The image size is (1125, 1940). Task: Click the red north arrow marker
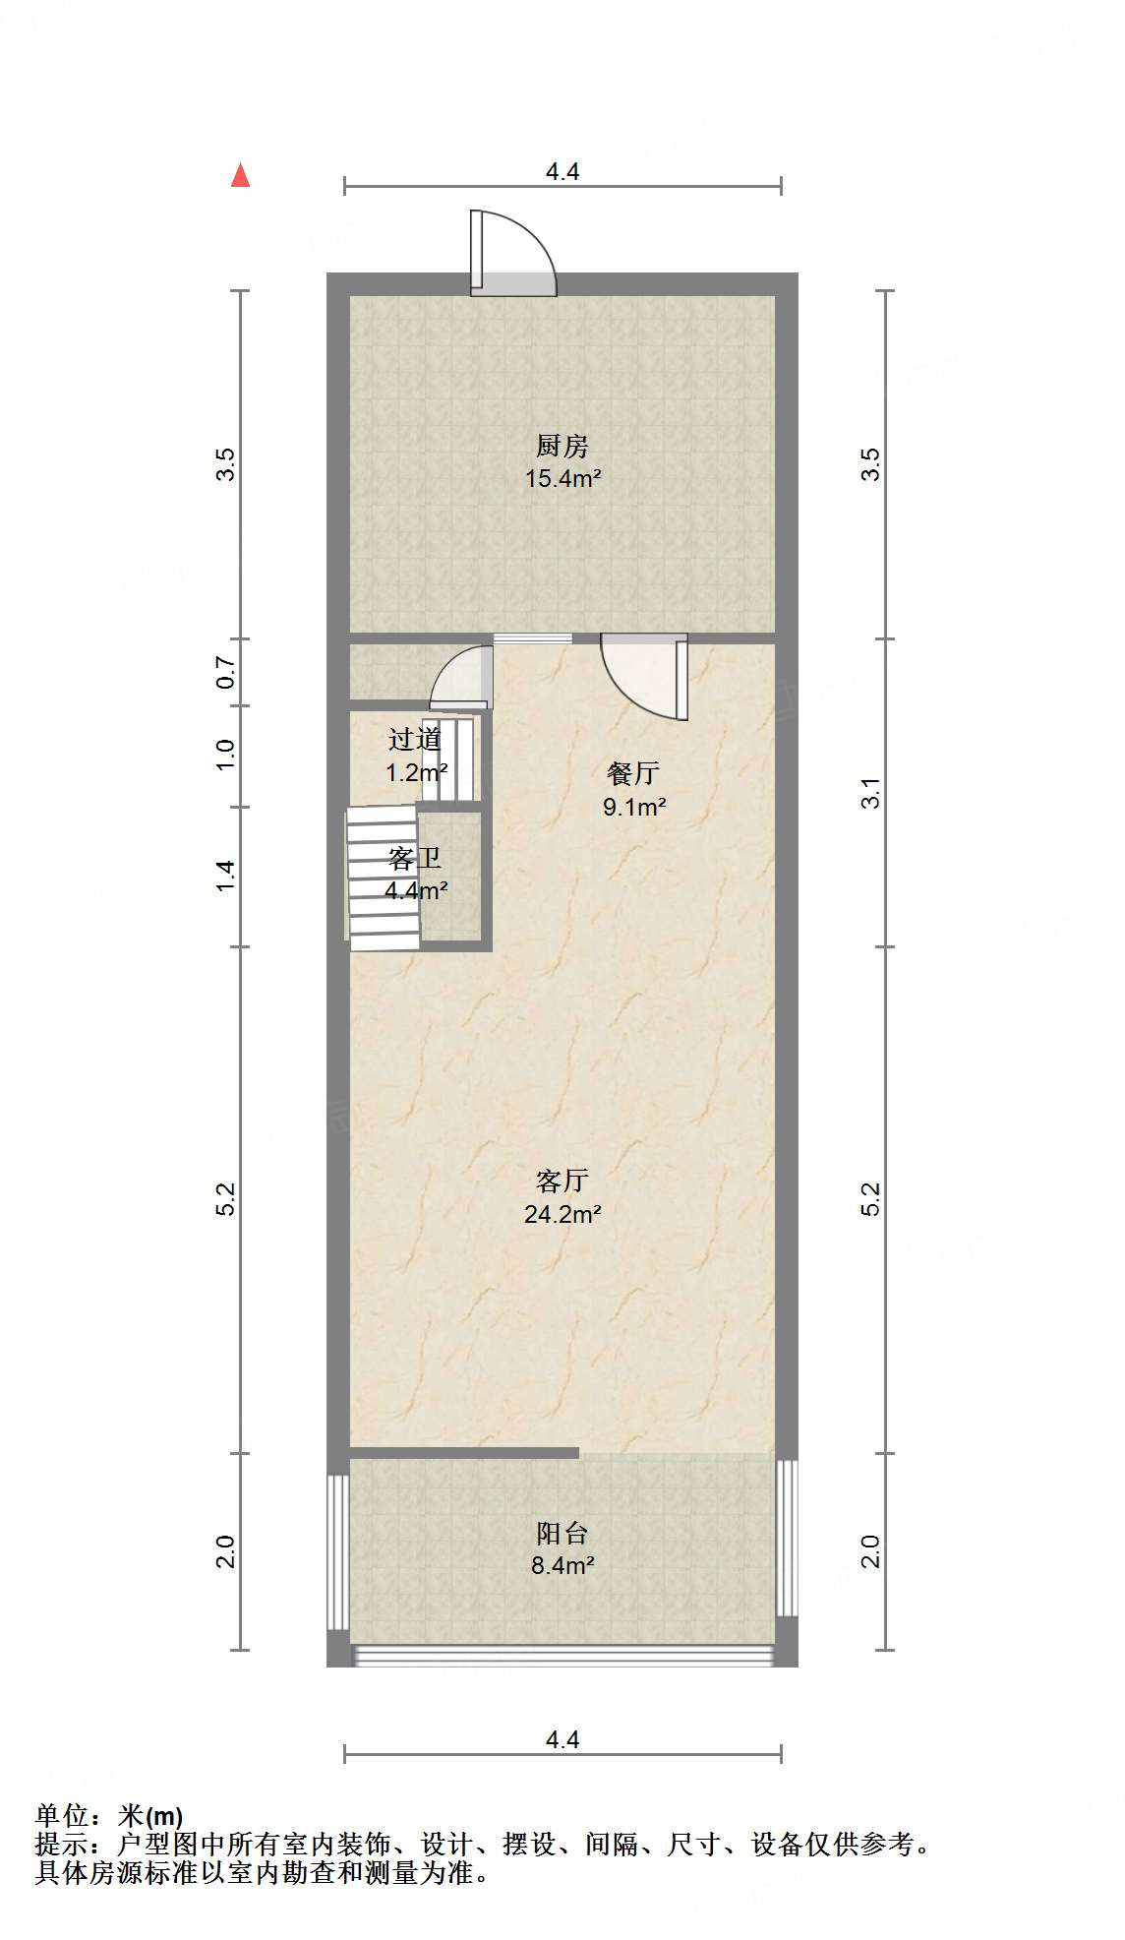click(240, 175)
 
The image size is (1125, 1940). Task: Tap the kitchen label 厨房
click(562, 447)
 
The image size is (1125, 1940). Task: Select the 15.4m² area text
click(562, 479)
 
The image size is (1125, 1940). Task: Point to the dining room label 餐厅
click(632, 774)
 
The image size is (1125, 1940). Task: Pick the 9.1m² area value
click(634, 808)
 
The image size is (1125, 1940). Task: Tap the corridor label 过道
click(415, 739)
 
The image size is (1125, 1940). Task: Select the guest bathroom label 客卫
click(414, 859)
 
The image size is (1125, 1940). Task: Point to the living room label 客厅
click(562, 1181)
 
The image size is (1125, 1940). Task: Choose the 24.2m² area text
click(562, 1214)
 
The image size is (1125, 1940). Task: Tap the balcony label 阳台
click(562, 1533)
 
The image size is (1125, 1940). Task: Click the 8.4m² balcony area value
click(562, 1565)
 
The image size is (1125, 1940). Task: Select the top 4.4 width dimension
click(562, 172)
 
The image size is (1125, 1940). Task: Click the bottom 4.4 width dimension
click(562, 1739)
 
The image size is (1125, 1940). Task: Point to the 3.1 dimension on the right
click(870, 793)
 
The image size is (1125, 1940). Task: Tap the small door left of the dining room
click(463, 677)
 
